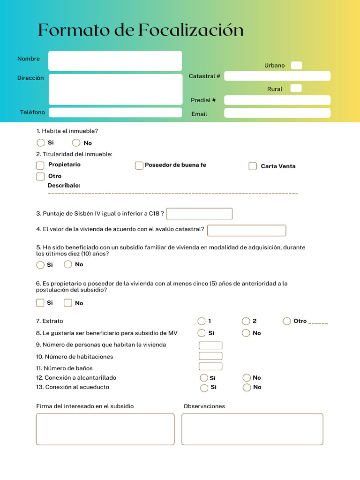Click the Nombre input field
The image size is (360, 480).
tap(115, 61)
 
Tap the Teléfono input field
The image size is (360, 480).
tap(115, 112)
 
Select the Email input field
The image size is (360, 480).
tap(277, 113)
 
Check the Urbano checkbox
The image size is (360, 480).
tap(296, 66)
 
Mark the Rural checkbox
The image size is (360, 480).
tap(296, 88)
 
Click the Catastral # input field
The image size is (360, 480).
tap(277, 76)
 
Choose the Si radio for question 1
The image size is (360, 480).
tap(41, 143)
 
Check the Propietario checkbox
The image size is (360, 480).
tap(40, 165)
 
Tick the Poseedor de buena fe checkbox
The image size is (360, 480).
tap(139, 165)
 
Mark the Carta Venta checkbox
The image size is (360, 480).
tap(253, 166)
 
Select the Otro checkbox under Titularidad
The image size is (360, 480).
tap(40, 177)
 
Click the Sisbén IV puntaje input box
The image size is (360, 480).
tap(199, 214)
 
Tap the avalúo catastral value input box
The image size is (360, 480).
tap(247, 231)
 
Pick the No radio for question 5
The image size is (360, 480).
tap(68, 264)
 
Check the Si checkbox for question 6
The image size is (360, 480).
tap(40, 303)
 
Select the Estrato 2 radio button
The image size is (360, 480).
tap(246, 321)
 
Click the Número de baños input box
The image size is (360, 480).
tap(210, 367)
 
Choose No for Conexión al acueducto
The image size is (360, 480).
tap(247, 388)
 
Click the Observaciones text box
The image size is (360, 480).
tap(252, 429)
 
